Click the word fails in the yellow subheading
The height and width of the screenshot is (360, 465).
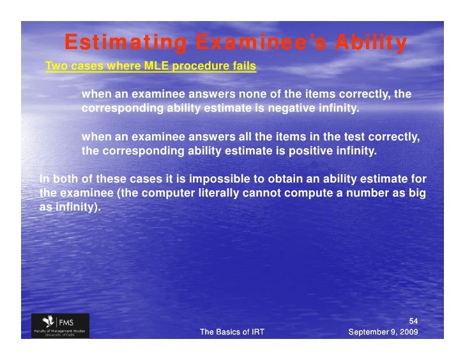pos(242,66)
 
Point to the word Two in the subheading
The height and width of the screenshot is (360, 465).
pos(56,66)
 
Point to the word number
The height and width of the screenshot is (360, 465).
pos(354,193)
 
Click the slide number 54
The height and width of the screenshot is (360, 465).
pos(413,321)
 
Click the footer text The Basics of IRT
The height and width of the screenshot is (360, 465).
pos(232,332)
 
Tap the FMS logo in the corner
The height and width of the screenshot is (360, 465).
pos(61,326)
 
